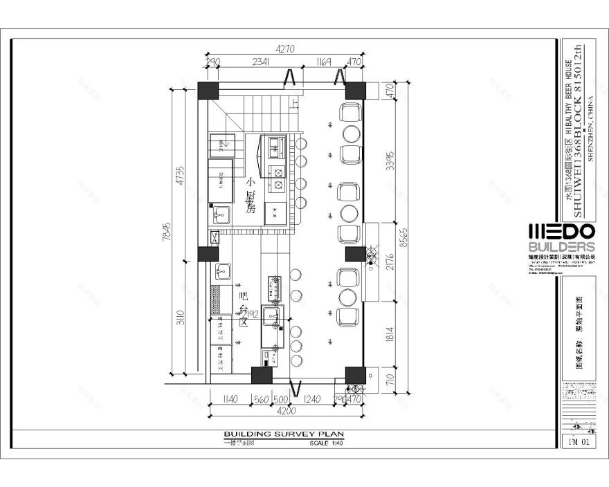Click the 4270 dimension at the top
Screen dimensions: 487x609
(x=285, y=49)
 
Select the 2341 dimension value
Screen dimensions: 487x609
(x=260, y=62)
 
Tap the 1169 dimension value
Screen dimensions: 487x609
(x=323, y=62)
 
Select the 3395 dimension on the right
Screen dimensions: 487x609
(x=390, y=161)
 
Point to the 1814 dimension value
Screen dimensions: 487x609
(x=390, y=333)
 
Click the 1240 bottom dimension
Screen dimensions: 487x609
(x=313, y=399)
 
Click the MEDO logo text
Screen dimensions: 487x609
(x=561, y=232)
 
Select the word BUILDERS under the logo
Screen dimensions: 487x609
(x=561, y=247)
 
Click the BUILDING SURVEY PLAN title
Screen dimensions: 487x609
(x=283, y=434)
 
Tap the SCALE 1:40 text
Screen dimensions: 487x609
(x=327, y=443)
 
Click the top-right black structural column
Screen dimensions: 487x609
(x=356, y=90)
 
